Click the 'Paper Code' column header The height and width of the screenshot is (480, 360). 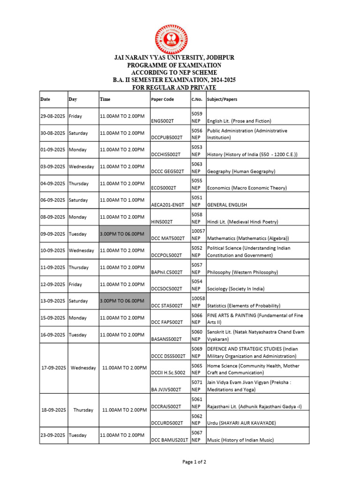[162, 99]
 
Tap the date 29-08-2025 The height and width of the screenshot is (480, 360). [52, 116]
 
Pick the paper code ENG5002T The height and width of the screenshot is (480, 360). [163, 121]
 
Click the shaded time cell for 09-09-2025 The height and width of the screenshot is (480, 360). [122, 234]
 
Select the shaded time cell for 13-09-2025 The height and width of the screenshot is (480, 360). [122, 301]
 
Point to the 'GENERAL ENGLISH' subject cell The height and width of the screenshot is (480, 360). [227, 205]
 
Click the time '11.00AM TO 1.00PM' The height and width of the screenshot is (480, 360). [122, 200]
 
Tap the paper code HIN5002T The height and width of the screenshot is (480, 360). [162, 222]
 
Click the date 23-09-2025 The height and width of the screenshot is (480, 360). [52, 435]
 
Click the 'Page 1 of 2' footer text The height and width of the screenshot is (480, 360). [194, 462]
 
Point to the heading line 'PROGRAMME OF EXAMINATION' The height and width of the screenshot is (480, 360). [174, 65]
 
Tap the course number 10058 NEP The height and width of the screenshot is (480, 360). [197, 301]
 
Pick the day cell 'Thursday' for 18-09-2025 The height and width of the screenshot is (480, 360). [83, 410]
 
